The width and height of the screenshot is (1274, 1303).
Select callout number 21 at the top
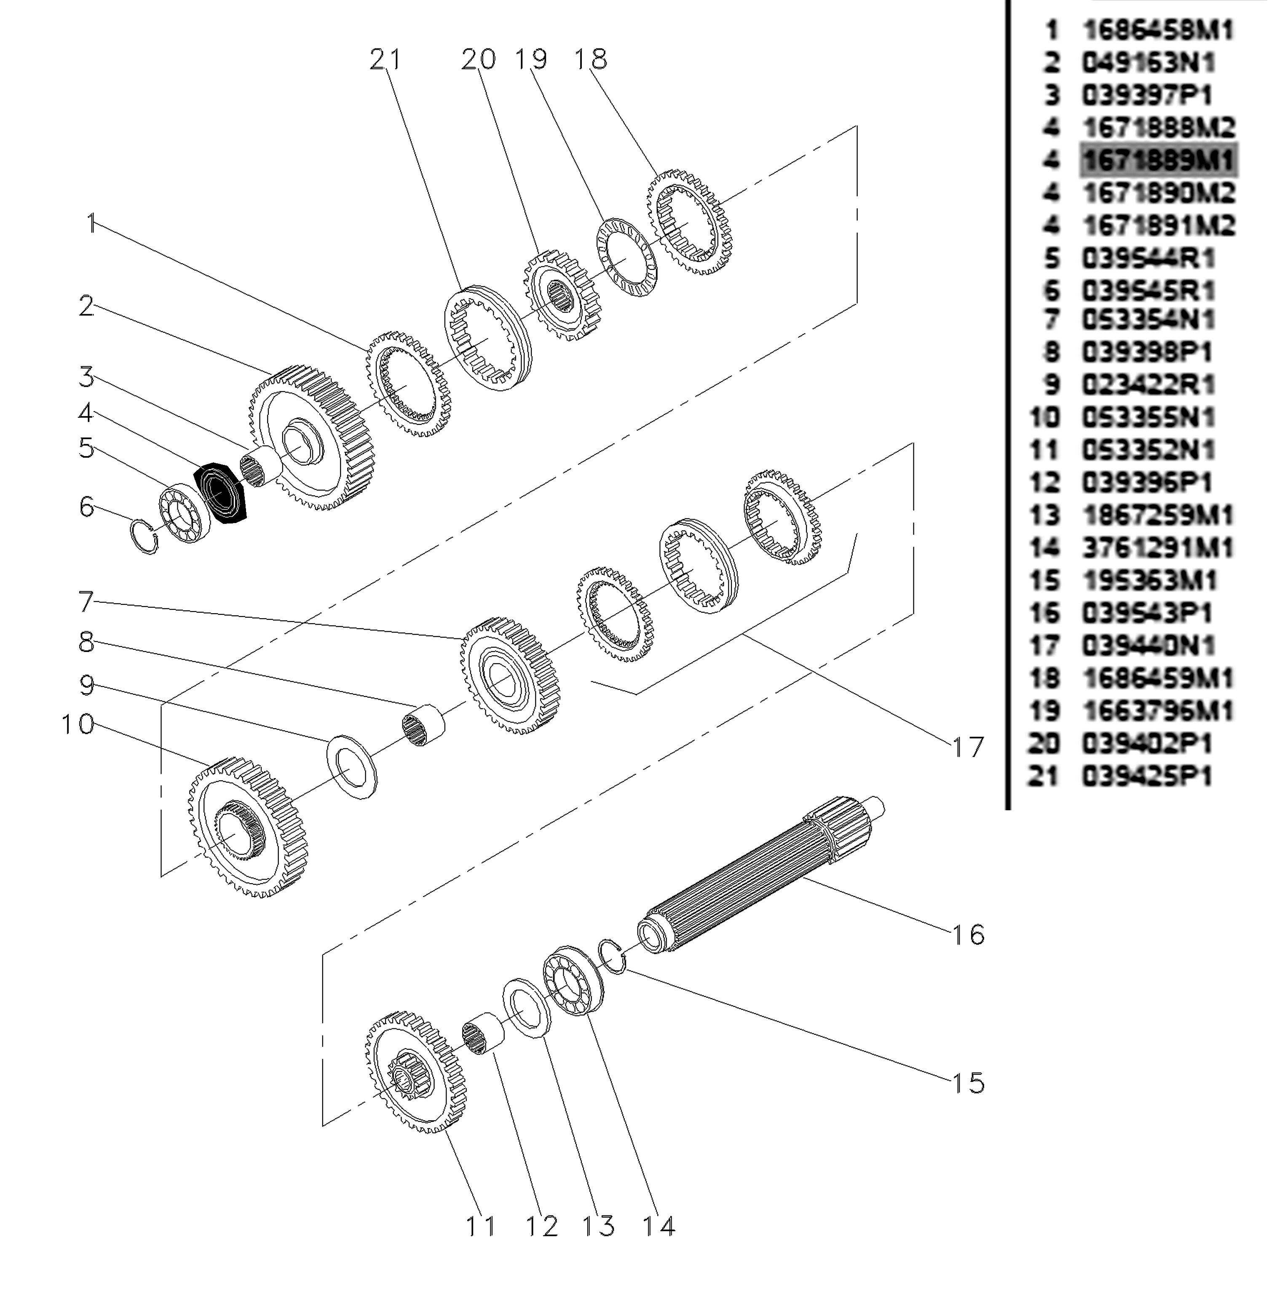(x=386, y=60)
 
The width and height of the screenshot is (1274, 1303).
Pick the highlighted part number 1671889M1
(x=1158, y=160)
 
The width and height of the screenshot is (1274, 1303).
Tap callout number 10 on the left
(x=78, y=724)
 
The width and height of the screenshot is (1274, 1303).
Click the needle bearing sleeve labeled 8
(x=423, y=725)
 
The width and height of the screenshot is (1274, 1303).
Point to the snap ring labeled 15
(x=612, y=956)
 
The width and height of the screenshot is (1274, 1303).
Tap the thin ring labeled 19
(x=627, y=257)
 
